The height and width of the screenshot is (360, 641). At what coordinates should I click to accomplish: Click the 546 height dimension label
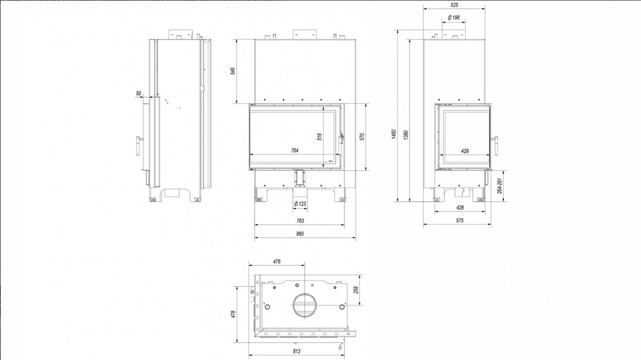233,71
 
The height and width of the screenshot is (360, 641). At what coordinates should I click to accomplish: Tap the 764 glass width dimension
294,150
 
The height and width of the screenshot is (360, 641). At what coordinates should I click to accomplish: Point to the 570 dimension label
362,136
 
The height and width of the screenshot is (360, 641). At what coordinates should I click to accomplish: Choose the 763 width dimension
300,221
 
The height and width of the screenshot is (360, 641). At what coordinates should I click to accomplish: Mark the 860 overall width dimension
300,234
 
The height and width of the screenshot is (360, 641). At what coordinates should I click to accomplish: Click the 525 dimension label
454,4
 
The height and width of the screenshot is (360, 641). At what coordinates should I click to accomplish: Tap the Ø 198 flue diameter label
454,18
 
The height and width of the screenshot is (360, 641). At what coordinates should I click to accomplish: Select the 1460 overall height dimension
394,135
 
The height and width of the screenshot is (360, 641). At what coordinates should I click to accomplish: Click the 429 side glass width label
464,151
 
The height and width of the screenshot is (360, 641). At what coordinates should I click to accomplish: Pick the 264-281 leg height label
500,186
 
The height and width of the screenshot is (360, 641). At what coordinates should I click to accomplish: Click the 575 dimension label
460,220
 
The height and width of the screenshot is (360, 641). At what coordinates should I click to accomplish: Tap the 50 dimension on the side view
138,93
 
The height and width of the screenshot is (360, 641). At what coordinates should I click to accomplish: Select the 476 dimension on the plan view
277,261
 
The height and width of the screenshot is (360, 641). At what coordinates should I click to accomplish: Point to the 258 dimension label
356,290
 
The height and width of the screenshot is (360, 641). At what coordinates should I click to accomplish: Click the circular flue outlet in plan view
305,305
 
